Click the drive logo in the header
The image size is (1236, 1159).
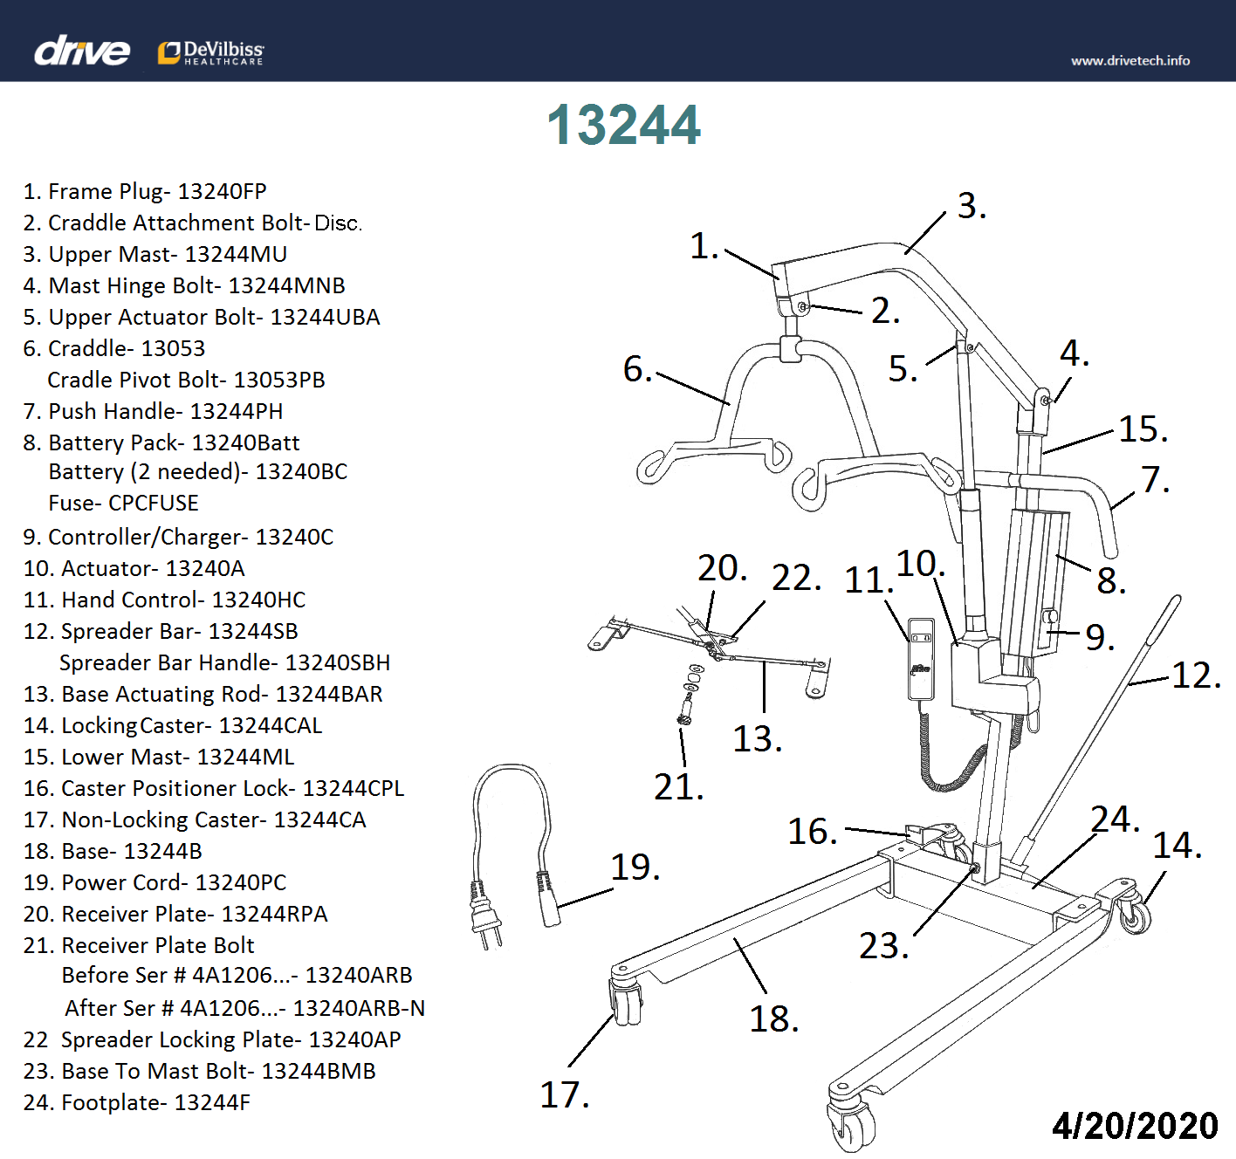[x=82, y=51]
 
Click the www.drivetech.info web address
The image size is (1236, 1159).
[x=1130, y=60]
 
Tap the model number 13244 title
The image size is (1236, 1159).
[x=623, y=125]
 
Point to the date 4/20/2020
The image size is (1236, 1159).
[x=1134, y=1125]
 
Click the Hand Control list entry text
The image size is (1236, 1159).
[x=165, y=600]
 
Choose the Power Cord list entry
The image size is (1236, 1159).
[x=154, y=882]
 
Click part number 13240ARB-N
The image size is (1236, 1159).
[x=358, y=1008]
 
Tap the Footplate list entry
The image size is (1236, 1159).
[x=137, y=1102]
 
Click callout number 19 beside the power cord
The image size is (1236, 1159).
[x=635, y=867]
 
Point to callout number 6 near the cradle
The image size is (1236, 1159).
[x=637, y=369]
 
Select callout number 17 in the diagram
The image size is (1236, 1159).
[x=564, y=1094]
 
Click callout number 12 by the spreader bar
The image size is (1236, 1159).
[x=1195, y=675]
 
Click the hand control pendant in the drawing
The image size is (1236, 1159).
[x=921, y=659]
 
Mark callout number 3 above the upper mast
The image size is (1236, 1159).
[x=972, y=206]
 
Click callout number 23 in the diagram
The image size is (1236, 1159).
[x=883, y=945]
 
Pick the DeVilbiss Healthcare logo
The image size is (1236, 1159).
[x=211, y=52]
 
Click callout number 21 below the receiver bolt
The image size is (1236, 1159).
[x=678, y=787]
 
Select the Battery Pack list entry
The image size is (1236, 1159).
[x=161, y=442]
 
